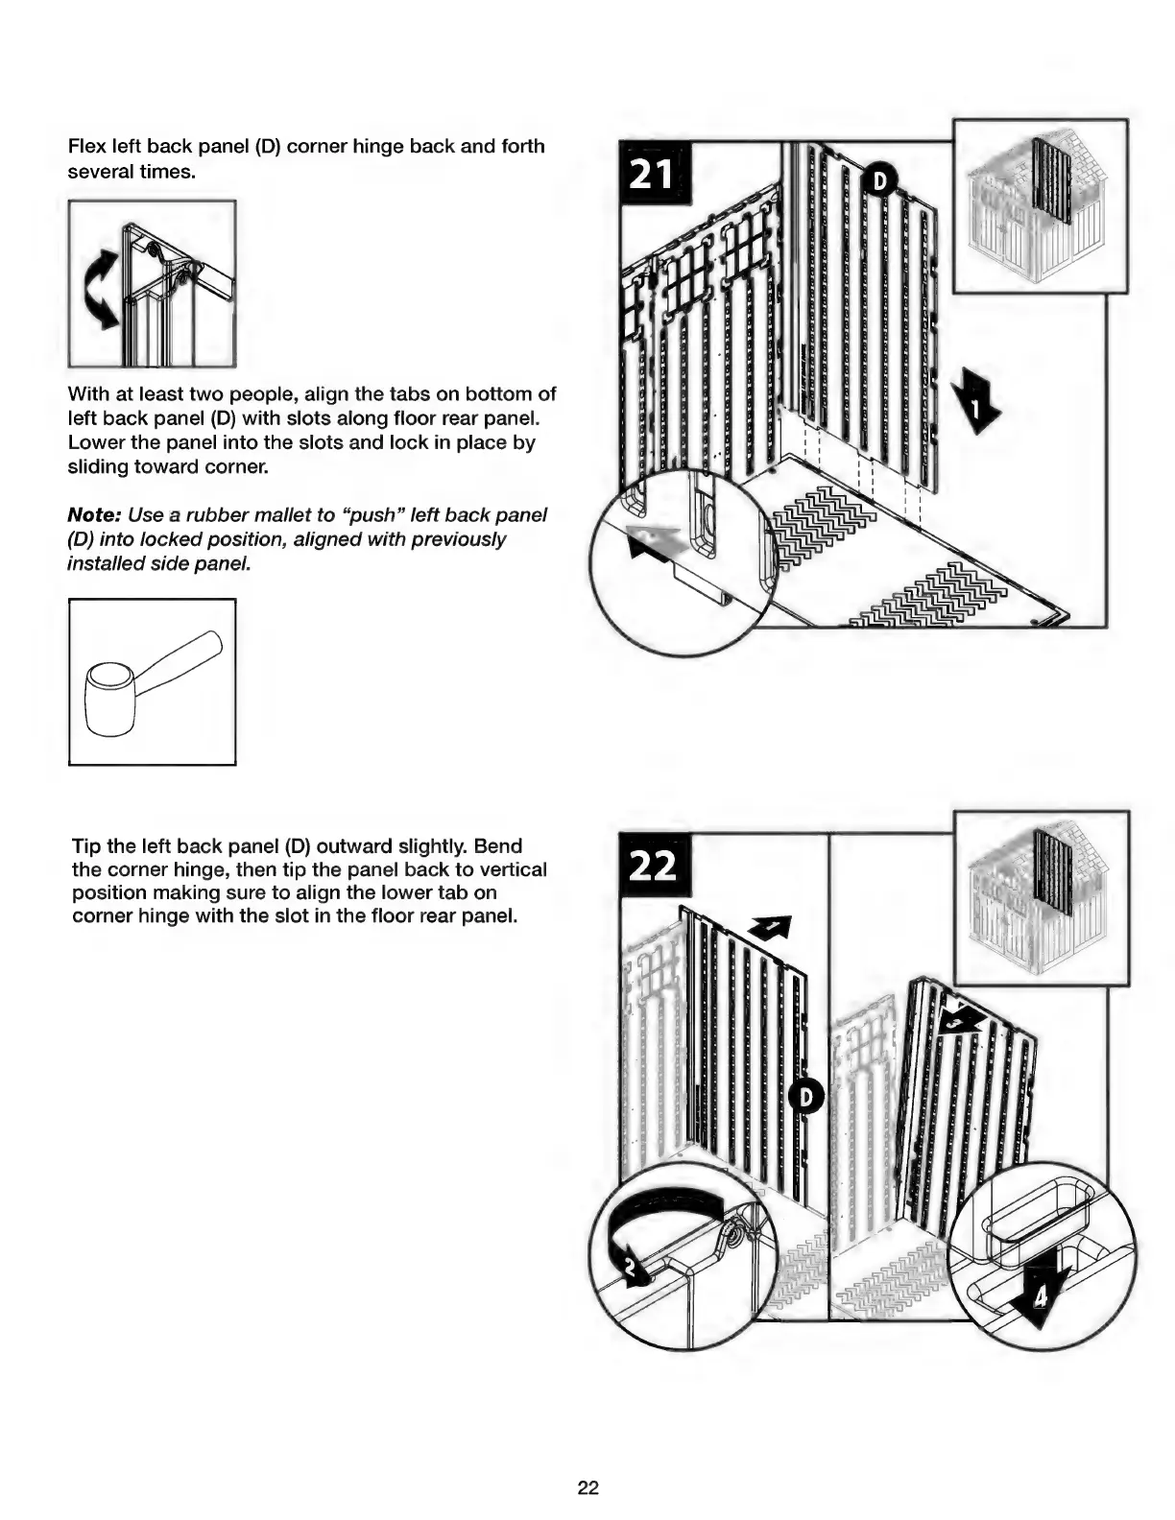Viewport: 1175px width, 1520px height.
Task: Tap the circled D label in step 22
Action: [806, 1096]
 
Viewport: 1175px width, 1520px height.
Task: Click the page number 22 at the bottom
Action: [587, 1487]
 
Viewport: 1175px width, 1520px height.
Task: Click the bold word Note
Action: [92, 515]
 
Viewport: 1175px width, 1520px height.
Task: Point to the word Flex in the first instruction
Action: [86, 147]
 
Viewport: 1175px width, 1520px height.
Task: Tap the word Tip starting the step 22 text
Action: [85, 846]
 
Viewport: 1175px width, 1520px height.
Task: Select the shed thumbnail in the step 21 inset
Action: [1040, 205]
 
